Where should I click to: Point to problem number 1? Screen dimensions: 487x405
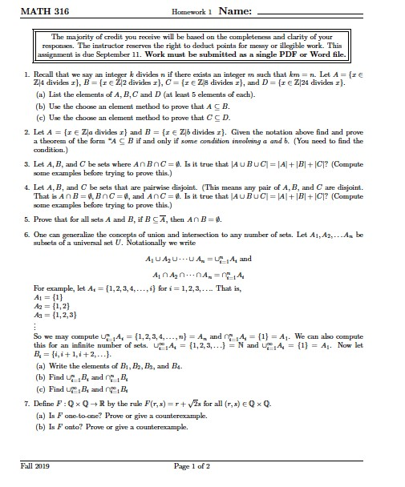coord(28,83)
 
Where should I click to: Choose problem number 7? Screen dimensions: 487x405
coord(28,398)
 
